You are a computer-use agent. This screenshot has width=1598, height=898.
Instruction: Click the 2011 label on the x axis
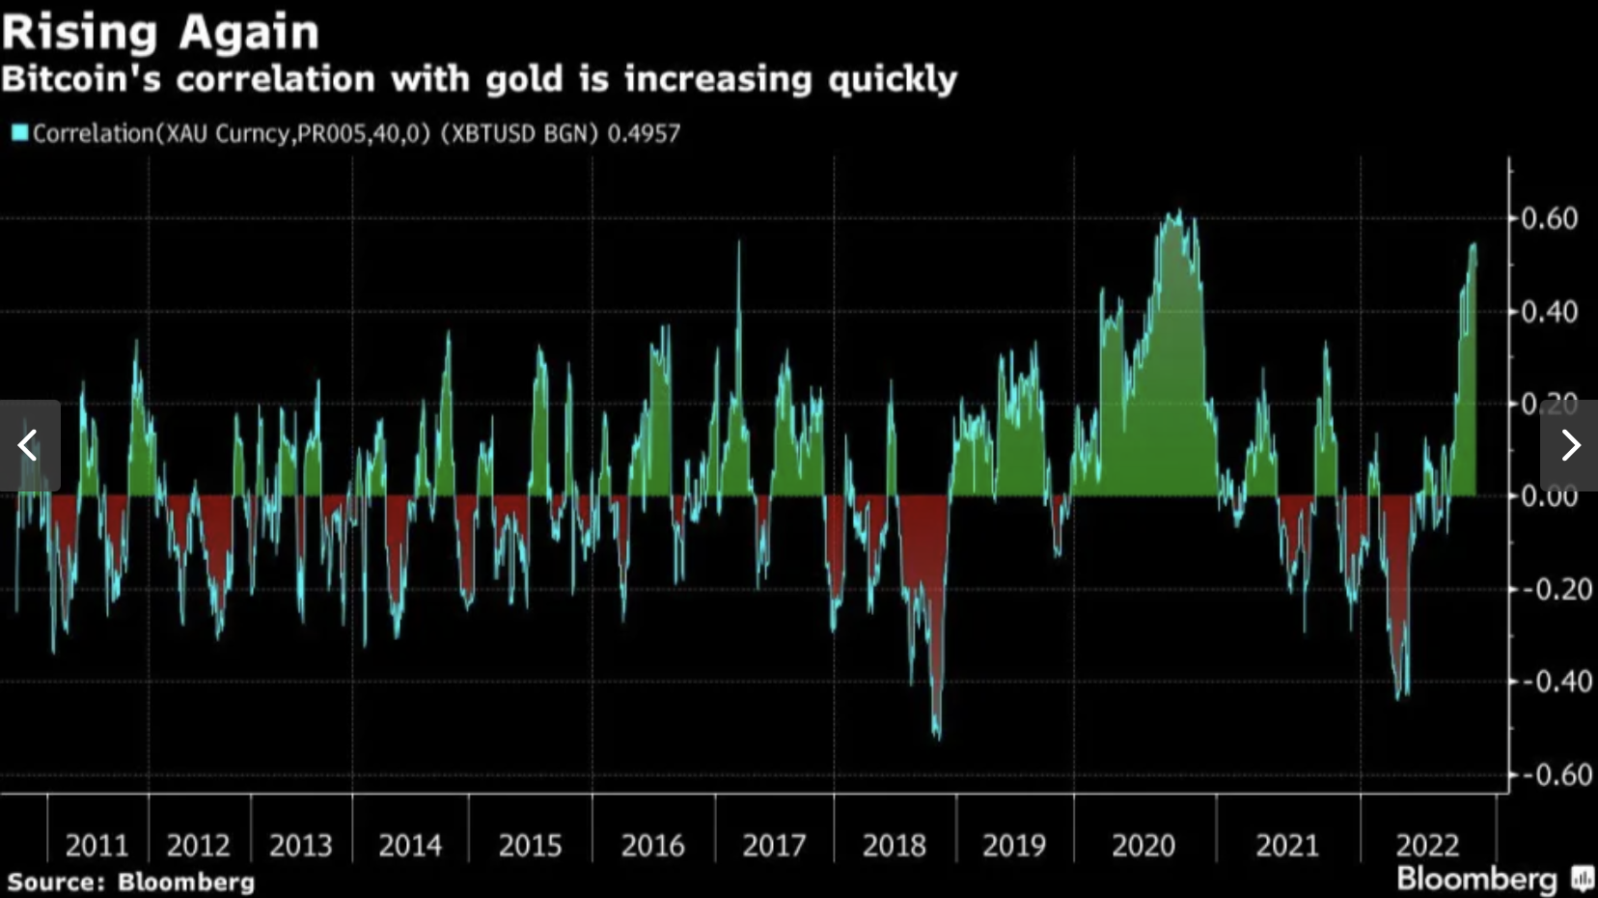[x=96, y=846]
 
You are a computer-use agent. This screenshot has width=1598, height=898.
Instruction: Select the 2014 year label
[x=410, y=846]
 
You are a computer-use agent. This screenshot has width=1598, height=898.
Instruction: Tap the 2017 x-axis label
[x=774, y=846]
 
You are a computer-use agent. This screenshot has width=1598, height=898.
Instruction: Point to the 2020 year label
[x=1143, y=846]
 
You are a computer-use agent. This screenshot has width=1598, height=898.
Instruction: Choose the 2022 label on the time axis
[x=1427, y=846]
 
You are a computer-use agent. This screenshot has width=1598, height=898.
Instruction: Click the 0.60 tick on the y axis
[x=1550, y=218]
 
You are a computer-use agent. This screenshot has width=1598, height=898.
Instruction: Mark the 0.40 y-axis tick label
[x=1550, y=312]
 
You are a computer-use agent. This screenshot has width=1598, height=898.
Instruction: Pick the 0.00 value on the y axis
[x=1550, y=496]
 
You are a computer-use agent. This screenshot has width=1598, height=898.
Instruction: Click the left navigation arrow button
[x=29, y=445]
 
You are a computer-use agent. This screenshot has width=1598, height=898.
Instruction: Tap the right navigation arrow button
[x=1570, y=445]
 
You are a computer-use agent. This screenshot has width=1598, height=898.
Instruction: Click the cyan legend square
[x=19, y=132]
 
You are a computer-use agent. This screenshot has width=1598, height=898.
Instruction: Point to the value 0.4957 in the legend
[x=644, y=133]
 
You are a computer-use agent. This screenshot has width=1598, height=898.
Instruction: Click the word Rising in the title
[x=79, y=32]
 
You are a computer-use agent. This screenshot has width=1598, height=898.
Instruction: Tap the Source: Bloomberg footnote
[x=131, y=882]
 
